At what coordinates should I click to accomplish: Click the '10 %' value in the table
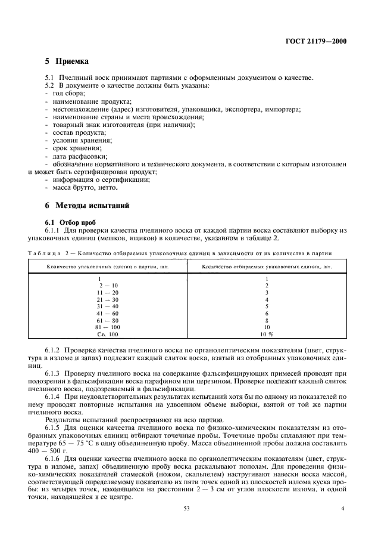(x=267, y=335)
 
